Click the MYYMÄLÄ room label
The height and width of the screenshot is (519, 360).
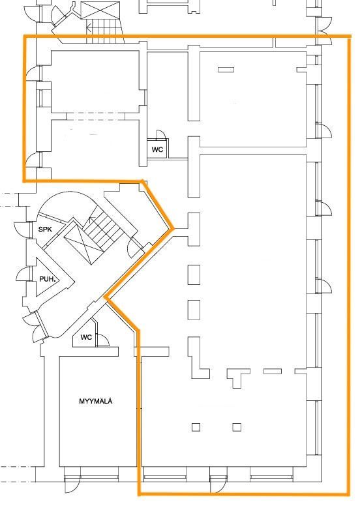point(96,401)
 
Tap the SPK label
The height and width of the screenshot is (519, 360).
point(45,230)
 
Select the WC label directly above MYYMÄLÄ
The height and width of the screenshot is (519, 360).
point(86,337)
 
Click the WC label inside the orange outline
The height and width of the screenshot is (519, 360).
point(157,149)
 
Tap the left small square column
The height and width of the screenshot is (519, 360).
point(196,427)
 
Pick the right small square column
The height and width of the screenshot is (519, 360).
point(237,427)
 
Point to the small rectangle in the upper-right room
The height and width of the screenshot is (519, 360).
point(226,70)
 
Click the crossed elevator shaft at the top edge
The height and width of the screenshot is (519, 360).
point(100,10)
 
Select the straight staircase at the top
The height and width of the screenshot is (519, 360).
point(104,31)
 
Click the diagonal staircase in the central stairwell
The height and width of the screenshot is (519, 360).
point(102,228)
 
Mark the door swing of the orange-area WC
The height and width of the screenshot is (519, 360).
point(161,134)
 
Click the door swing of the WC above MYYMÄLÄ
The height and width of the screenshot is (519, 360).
point(103,340)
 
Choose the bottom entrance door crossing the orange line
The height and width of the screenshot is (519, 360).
point(218,485)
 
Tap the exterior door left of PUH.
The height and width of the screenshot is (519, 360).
point(23,274)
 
